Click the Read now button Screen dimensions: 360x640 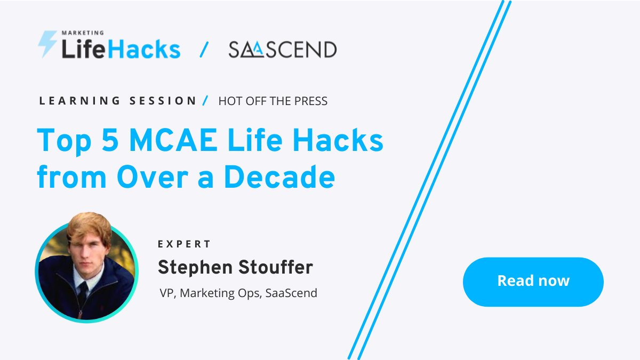click(x=533, y=281)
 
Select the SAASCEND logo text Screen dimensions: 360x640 click(x=282, y=50)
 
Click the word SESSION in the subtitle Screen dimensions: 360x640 click(x=164, y=101)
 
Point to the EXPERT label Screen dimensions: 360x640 click(x=185, y=244)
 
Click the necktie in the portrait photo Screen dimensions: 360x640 click(x=83, y=292)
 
